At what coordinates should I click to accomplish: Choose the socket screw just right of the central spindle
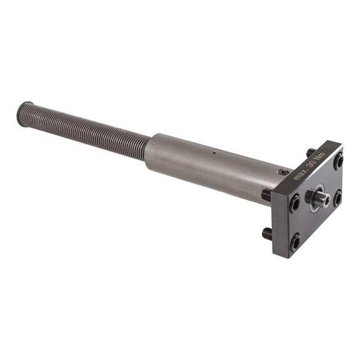[337, 198]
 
